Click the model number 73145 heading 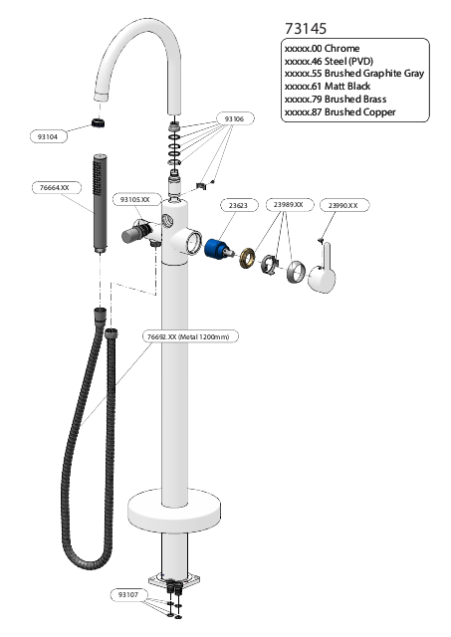(x=306, y=29)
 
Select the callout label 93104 (x=49, y=137)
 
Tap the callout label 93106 (x=234, y=119)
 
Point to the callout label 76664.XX (x=56, y=188)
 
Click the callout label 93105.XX (x=134, y=199)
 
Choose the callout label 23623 (x=239, y=206)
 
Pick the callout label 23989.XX (x=290, y=205)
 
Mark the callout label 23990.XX (x=344, y=206)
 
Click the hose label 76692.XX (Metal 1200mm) (x=190, y=336)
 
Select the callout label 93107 (x=128, y=595)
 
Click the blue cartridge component (x=218, y=249)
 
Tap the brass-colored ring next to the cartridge (x=248, y=257)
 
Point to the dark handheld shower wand (x=100, y=203)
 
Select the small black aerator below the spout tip (x=98, y=121)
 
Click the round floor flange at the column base (x=174, y=512)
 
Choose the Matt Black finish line (x=328, y=87)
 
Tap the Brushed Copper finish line (x=340, y=112)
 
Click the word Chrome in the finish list (x=342, y=49)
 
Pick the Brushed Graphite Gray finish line (x=354, y=74)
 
